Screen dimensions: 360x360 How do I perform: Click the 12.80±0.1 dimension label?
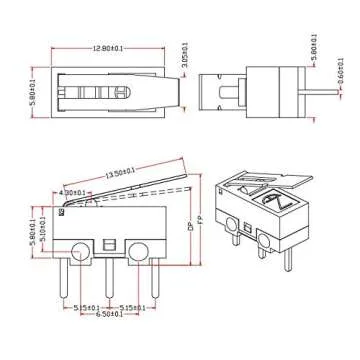(102, 46)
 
